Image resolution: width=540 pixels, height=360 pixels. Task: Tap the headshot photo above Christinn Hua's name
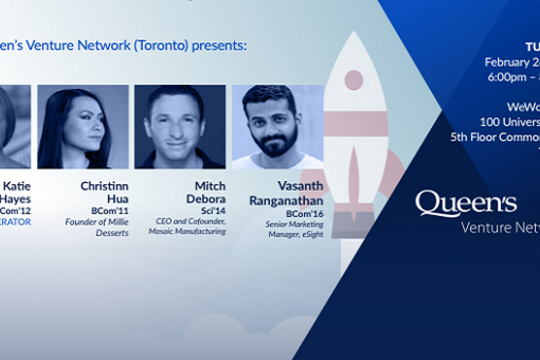pyautogui.click(x=83, y=127)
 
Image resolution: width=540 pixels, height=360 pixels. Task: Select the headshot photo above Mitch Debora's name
pyautogui.click(x=180, y=127)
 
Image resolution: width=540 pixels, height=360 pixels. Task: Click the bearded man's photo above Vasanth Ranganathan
pyautogui.click(x=277, y=127)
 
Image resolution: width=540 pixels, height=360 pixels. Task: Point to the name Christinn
pyautogui.click(x=105, y=186)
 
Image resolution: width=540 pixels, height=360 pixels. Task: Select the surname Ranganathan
pyautogui.click(x=286, y=201)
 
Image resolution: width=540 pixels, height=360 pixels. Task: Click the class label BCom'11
pyautogui.click(x=110, y=211)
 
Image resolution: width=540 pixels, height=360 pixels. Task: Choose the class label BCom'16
pyautogui.click(x=304, y=214)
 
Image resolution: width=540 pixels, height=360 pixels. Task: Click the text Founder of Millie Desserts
pyautogui.click(x=97, y=227)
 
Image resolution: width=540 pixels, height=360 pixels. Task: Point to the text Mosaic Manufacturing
pyautogui.click(x=187, y=232)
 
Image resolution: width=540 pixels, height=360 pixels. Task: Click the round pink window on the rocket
pyautogui.click(x=354, y=80)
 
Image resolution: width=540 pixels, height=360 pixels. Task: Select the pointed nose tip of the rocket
pyautogui.click(x=354, y=35)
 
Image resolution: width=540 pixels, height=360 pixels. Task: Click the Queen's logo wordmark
pyautogui.click(x=466, y=203)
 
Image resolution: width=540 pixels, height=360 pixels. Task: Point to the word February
pyautogui.click(x=506, y=62)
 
